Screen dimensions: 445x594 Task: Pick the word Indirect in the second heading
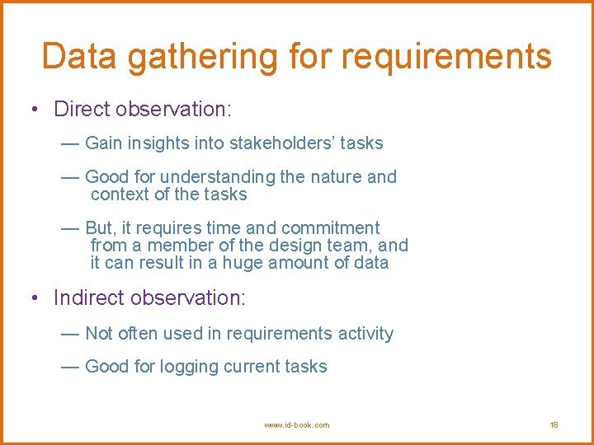(88, 297)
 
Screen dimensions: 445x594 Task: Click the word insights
(157, 143)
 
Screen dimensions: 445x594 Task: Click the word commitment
(330, 228)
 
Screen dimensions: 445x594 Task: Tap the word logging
(189, 368)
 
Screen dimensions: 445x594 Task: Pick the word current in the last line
(246, 367)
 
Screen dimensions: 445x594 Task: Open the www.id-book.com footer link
(296, 425)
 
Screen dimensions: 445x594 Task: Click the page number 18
(554, 425)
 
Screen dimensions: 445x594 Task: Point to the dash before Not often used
(70, 334)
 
